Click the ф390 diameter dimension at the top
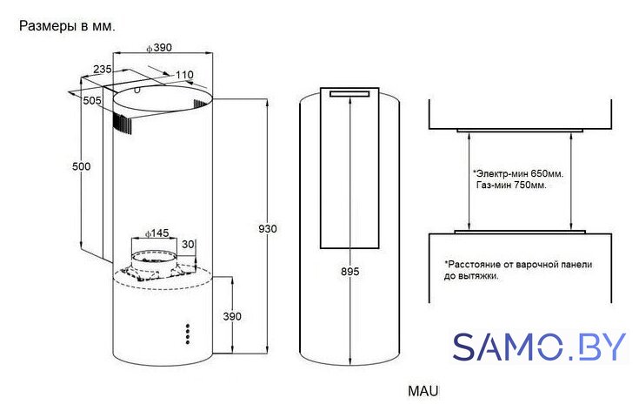159,48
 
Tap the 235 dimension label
103,70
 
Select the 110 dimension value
184,75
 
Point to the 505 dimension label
91,100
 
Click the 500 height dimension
81,166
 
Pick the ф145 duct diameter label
156,233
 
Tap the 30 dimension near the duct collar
188,245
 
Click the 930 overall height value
268,229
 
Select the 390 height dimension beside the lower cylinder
232,316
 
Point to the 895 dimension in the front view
350,272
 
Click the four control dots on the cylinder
188,334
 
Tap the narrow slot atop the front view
349,94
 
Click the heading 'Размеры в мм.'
67,26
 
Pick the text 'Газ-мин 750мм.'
511,185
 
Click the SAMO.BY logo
539,347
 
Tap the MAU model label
423,391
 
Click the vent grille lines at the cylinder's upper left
123,124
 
